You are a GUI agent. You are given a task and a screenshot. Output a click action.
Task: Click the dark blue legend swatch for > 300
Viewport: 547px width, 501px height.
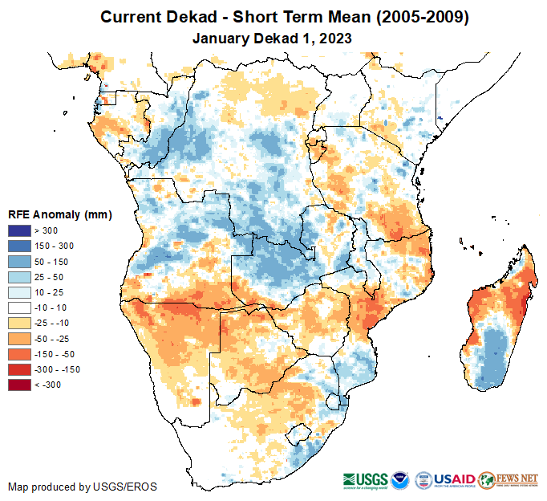pos(19,231)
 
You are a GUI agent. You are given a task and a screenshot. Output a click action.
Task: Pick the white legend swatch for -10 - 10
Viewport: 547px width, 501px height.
pos(19,308)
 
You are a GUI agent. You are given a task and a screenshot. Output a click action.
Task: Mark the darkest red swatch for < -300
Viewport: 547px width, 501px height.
pos(19,385)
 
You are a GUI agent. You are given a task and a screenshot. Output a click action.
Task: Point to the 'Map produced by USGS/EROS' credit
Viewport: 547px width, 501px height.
pos(83,487)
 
